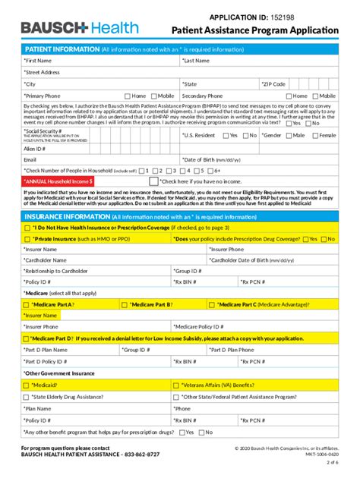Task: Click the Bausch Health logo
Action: pos(80,28)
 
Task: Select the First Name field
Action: pos(99,60)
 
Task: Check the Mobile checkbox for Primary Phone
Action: pos(153,96)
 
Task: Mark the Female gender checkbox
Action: pos(314,135)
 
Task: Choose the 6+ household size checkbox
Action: pos(210,171)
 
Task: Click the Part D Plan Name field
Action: pos(68,350)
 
